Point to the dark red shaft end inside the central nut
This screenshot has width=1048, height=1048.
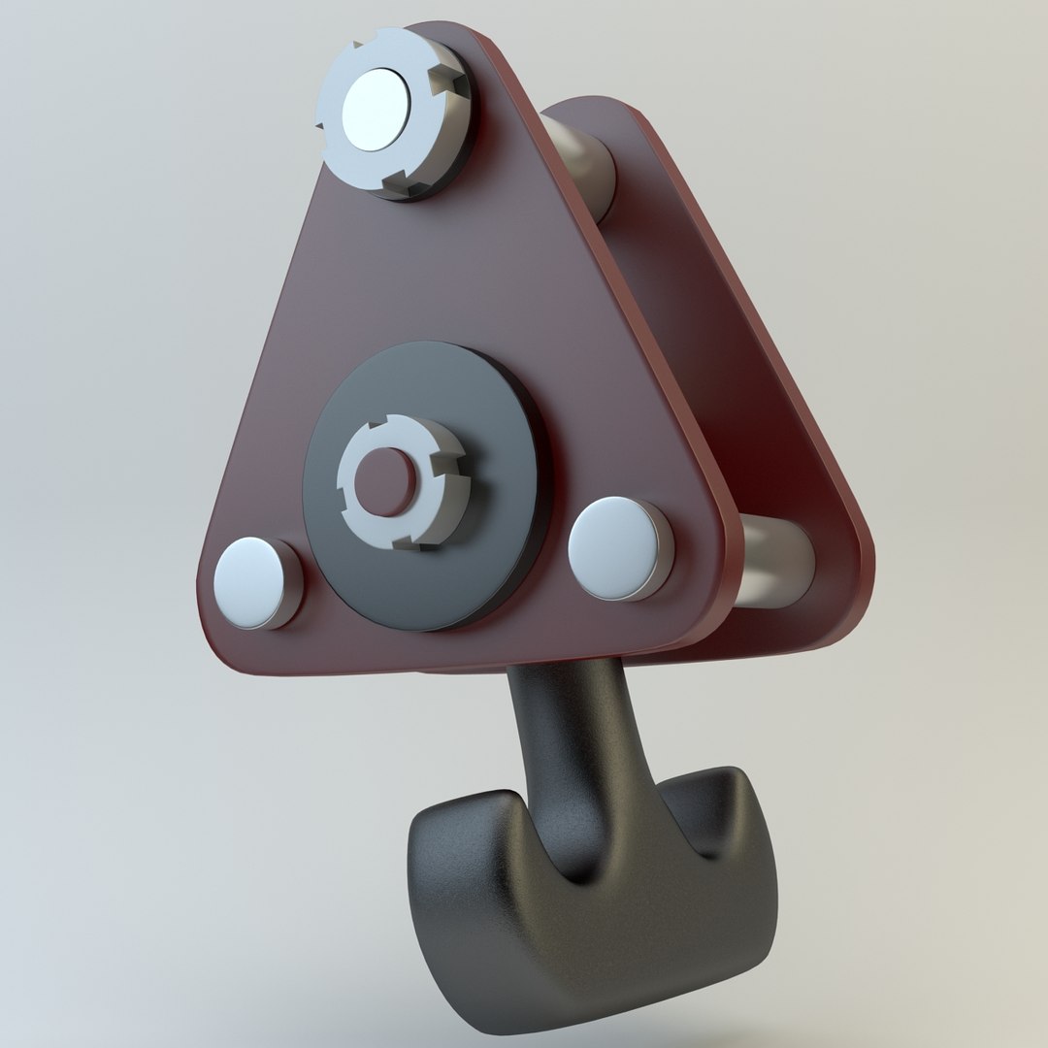[385, 481]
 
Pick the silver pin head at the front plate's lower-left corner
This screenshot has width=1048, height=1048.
[254, 582]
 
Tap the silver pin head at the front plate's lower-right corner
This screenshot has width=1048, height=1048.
[619, 547]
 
